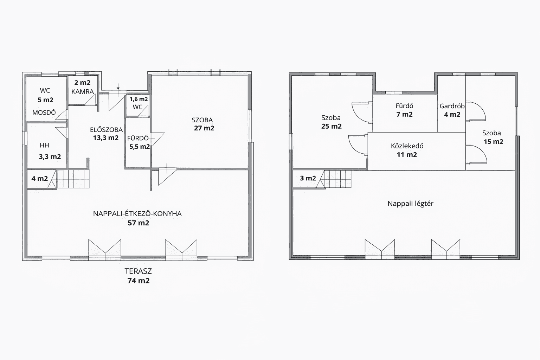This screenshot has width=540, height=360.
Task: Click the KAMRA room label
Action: [83, 92]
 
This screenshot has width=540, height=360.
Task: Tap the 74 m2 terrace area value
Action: [139, 281]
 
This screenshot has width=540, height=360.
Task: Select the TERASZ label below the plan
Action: [138, 271]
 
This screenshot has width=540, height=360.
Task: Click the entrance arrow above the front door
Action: [118, 86]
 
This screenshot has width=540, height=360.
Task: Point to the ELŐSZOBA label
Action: [106, 129]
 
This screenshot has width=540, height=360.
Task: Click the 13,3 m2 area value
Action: [106, 138]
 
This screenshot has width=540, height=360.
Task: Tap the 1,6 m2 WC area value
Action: [139, 99]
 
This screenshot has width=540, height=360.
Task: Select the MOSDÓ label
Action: [44, 112]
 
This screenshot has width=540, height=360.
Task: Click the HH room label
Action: [44, 145]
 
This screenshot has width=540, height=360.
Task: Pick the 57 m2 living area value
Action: [139, 223]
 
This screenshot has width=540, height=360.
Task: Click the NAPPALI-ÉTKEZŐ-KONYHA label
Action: [137, 213]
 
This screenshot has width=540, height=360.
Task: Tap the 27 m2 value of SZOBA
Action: [204, 128]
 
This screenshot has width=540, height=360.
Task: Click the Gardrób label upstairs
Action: [452, 106]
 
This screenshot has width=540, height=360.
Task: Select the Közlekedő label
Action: [407, 146]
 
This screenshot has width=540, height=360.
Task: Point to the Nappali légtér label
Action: [411, 204]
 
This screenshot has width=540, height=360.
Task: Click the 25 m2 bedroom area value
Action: [332, 126]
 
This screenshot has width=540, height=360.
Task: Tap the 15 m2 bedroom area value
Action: [494, 142]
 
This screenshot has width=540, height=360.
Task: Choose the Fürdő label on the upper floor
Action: [405, 105]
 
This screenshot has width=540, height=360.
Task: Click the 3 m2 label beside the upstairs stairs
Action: [308, 178]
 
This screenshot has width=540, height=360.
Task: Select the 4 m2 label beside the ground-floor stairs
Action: [40, 179]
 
